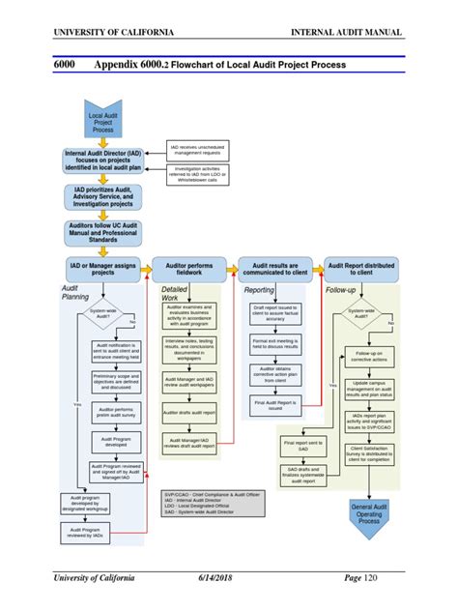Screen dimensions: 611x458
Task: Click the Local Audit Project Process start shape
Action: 102,121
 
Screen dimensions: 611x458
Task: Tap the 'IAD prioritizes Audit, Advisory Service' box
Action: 102,198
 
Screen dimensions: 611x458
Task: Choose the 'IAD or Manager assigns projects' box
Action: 102,268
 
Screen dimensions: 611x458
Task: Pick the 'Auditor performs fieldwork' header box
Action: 188,268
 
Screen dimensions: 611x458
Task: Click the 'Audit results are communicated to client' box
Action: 274,268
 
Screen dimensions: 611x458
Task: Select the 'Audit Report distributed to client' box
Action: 361,268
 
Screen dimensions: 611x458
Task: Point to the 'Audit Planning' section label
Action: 76,293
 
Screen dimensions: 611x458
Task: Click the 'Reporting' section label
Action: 259,289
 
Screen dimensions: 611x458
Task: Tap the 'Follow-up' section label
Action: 340,289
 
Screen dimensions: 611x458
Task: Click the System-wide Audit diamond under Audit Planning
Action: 103,314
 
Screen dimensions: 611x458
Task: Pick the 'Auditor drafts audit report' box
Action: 189,412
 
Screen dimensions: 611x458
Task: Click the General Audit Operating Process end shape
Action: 370,516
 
